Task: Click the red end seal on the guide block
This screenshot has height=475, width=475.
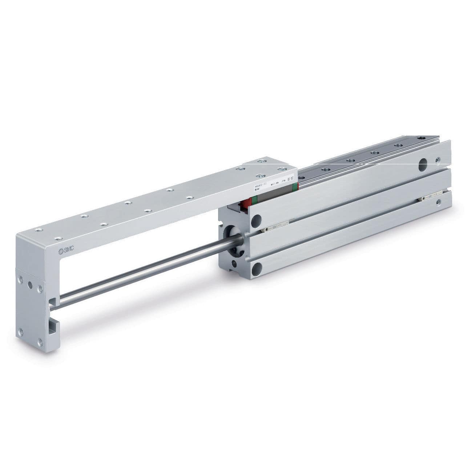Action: (x=247, y=203)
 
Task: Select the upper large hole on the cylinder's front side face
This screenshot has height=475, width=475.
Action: (x=257, y=219)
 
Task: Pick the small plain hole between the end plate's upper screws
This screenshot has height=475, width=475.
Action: (x=31, y=285)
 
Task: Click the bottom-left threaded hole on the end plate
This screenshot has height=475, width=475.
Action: (x=21, y=331)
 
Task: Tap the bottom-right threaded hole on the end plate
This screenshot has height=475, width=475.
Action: (x=40, y=341)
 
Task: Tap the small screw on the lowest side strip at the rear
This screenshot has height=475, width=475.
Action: (x=439, y=201)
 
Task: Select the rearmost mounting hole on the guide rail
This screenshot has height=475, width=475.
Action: (x=421, y=138)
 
